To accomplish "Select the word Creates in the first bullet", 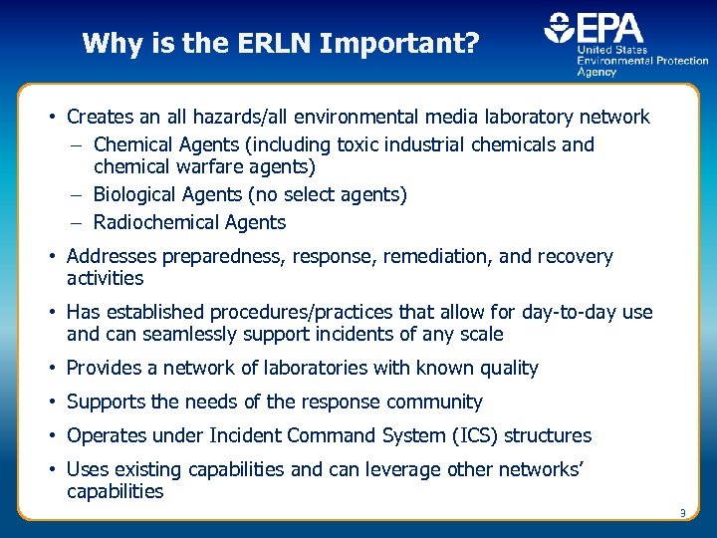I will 99,118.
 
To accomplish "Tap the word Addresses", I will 110,257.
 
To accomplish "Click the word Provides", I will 105,369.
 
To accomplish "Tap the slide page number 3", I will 682,513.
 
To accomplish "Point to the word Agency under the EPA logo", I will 597,72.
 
